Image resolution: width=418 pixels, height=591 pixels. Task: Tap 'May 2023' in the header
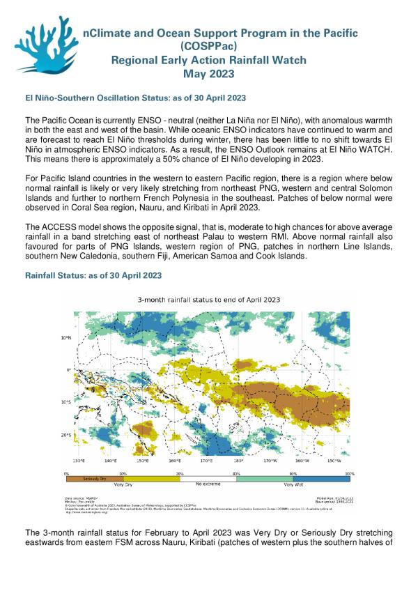[x=209, y=74]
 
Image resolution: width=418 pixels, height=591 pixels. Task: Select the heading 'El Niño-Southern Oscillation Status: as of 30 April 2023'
[x=134, y=97]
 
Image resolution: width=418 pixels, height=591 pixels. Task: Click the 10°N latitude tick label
[x=66, y=337]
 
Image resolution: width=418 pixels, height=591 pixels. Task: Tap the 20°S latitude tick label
[x=66, y=436]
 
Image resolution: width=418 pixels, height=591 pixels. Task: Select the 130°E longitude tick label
[x=78, y=461]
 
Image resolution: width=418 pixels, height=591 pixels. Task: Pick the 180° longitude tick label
[x=238, y=461]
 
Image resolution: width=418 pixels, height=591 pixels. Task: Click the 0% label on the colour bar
[x=67, y=473]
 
